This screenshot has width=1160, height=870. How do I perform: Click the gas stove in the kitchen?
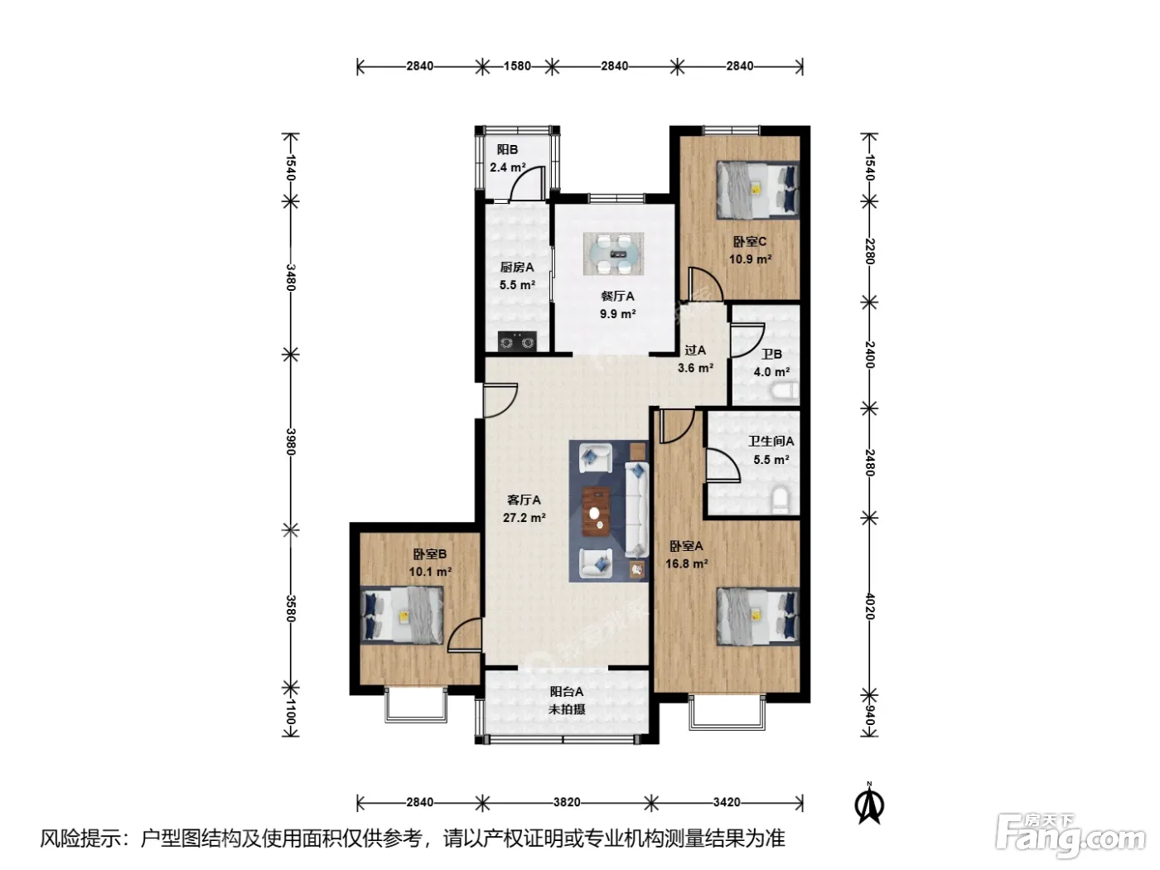[x=517, y=341]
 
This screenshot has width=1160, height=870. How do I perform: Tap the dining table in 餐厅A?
[x=614, y=254]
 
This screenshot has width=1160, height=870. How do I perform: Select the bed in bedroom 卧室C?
[x=757, y=190]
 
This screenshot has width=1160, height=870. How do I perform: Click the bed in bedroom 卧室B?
[x=402, y=615]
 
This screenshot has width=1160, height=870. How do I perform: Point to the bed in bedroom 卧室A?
[x=757, y=617]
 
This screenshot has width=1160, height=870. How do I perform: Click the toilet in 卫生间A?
[x=780, y=500]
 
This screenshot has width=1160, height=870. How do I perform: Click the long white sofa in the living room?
[x=637, y=510]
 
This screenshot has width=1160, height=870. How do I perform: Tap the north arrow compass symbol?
[x=869, y=803]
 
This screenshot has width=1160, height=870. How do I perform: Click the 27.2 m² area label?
[x=524, y=518]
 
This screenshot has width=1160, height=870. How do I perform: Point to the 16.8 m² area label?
[x=687, y=563]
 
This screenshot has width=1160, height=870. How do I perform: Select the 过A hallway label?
[x=695, y=350]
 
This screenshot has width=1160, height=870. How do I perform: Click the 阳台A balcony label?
[x=567, y=692]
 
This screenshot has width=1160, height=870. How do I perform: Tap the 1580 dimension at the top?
[x=517, y=66]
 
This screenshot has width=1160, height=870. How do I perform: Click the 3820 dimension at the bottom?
[x=567, y=802]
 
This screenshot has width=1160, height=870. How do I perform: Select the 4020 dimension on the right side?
[x=870, y=607]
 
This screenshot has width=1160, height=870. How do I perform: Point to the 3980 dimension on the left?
[x=291, y=441]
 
